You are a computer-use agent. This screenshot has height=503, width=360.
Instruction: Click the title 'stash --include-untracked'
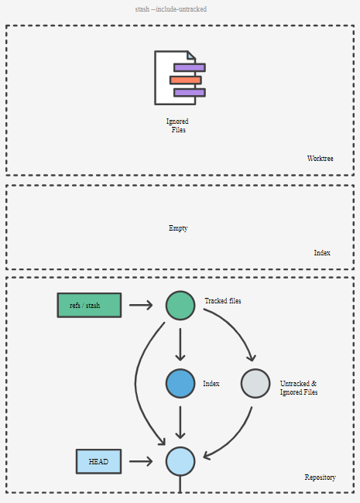coord(170,9)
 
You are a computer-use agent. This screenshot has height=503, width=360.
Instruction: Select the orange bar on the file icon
coord(186,80)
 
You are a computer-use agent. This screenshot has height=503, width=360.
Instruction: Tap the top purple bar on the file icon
coord(190,67)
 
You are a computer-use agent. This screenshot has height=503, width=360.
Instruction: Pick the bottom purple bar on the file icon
coord(190,93)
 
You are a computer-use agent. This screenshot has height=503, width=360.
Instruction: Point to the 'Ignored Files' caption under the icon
coord(178,125)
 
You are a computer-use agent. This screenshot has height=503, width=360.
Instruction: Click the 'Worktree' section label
coord(320,159)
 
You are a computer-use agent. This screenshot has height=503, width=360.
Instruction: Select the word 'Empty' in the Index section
coord(178,228)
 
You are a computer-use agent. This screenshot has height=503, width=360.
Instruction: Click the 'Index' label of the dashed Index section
coord(322,253)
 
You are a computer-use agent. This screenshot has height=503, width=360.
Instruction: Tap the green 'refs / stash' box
coord(89,305)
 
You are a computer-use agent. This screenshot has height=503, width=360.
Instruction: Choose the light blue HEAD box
coord(99,461)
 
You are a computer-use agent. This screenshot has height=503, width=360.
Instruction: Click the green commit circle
coord(180,306)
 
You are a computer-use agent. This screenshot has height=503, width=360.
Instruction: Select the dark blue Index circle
coord(180,383)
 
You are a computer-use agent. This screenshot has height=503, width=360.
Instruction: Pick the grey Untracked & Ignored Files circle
coord(255,383)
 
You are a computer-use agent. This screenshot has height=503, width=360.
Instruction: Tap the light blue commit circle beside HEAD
coord(180,461)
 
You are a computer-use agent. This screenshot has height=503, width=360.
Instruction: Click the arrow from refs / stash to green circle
coord(141,305)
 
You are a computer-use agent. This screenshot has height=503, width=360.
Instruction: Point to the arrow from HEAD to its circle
coord(141,461)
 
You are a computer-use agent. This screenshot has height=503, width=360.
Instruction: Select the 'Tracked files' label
coord(223,301)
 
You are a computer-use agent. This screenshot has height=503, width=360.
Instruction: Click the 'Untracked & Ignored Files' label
coord(299,388)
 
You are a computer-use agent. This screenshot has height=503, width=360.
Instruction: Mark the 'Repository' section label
coord(321,477)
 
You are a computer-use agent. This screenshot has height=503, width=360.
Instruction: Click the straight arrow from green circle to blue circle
coord(180,344)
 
